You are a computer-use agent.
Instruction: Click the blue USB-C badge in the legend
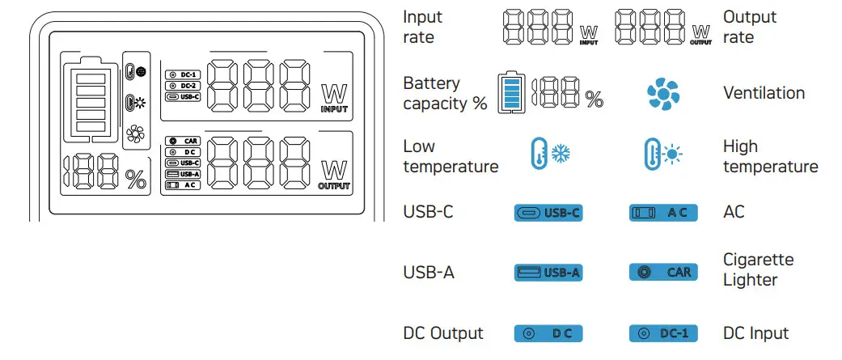[x=548, y=213]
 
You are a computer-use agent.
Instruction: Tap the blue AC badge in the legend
[x=662, y=213]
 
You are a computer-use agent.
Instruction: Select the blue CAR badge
[x=662, y=273]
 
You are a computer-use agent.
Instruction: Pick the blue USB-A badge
[x=548, y=273]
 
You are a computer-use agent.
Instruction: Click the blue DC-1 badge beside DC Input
[x=662, y=333]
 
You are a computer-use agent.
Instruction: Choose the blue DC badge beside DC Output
[x=548, y=333]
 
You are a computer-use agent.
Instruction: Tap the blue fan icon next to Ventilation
[x=662, y=94]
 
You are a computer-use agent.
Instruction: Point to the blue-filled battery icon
[x=510, y=93]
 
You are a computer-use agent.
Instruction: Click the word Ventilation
[x=764, y=93]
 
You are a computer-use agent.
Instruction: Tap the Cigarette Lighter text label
[x=758, y=270]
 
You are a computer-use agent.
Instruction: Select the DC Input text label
[x=755, y=333]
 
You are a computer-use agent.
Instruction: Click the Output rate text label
[x=749, y=28]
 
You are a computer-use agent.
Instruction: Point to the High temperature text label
[x=770, y=157]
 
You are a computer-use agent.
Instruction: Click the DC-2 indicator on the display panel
[x=183, y=85]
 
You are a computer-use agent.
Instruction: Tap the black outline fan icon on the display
[x=134, y=136]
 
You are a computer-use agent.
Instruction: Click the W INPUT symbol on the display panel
[x=334, y=98]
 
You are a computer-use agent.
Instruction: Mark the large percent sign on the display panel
[x=135, y=180]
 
